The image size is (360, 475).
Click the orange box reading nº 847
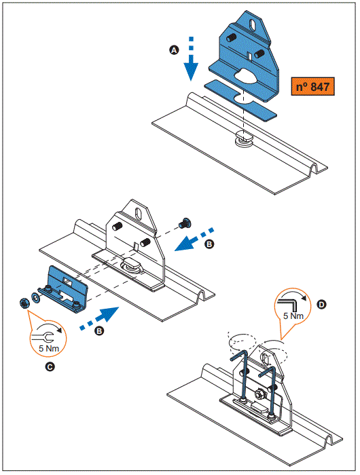(313, 88)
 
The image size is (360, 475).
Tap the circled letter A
(173, 50)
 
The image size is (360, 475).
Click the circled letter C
(49, 367)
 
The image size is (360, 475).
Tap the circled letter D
(321, 305)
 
